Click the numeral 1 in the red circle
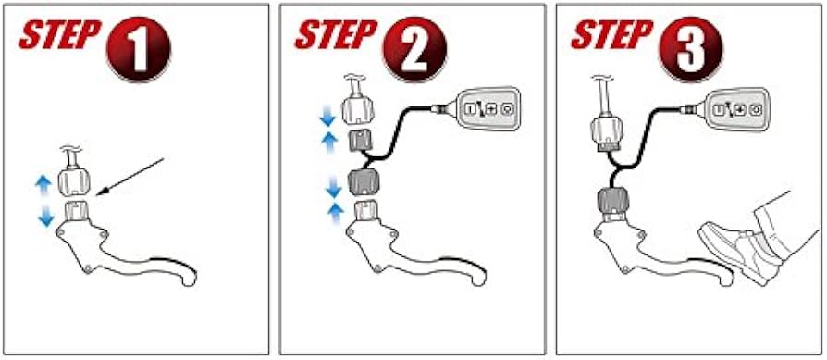pyautogui.click(x=139, y=50)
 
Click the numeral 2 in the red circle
pyautogui.click(x=414, y=50)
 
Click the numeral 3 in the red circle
pyautogui.click(x=691, y=50)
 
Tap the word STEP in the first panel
pyautogui.click(x=59, y=35)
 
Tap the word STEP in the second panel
pyautogui.click(x=336, y=35)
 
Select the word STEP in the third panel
pyautogui.click(x=612, y=35)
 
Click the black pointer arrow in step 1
pyautogui.click(x=133, y=177)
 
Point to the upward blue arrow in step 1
pyautogui.click(x=43, y=187)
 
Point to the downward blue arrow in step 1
pyautogui.click(x=46, y=215)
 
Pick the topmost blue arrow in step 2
pyautogui.click(x=327, y=116)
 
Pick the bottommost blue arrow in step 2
pyautogui.click(x=335, y=215)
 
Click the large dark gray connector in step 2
pyautogui.click(x=364, y=182)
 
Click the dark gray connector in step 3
pyautogui.click(x=612, y=201)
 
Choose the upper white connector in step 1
pyautogui.click(x=73, y=182)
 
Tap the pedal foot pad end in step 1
pyautogui.click(x=186, y=276)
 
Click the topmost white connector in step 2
pyautogui.click(x=359, y=109)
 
